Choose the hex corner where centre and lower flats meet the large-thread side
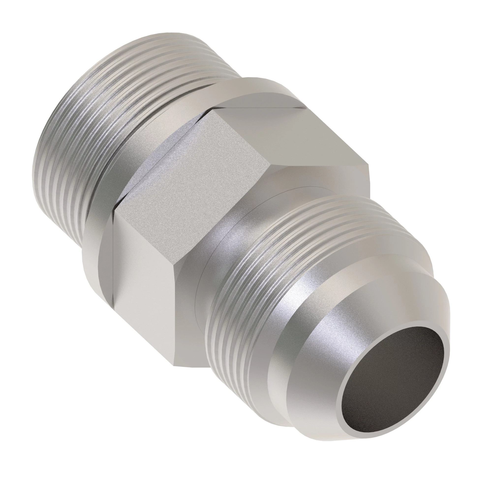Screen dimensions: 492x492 113,211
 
